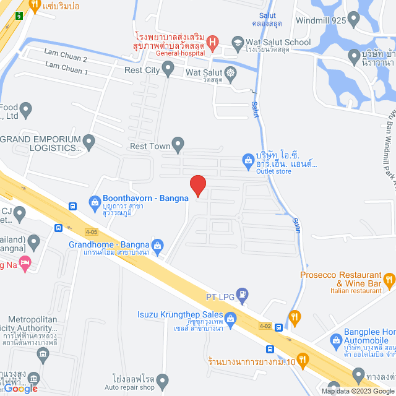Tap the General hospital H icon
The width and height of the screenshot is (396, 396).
(213, 42)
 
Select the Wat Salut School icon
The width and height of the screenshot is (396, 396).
(238, 42)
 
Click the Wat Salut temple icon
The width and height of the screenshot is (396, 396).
(231, 72)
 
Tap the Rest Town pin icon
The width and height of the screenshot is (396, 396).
(178, 146)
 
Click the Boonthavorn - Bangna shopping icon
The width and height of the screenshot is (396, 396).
(95, 201)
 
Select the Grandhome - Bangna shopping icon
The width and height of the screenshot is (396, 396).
(158, 246)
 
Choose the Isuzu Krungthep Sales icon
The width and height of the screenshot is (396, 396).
(231, 320)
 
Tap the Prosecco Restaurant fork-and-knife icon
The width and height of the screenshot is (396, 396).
(389, 281)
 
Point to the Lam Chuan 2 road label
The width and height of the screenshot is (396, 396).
(66, 58)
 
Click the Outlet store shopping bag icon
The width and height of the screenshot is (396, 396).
(247, 161)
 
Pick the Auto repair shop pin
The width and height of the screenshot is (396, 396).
(162, 379)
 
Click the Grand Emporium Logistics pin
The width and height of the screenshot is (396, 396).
(88, 144)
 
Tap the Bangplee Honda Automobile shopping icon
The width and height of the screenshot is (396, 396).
(336, 340)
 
